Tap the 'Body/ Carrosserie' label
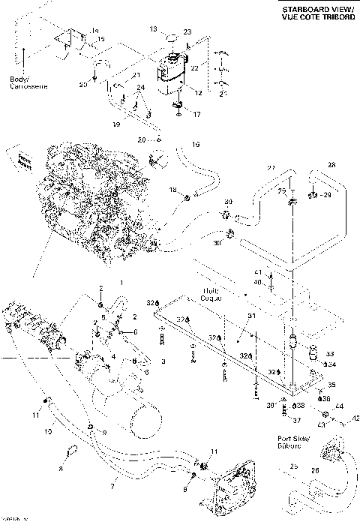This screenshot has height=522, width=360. click(x=28, y=82)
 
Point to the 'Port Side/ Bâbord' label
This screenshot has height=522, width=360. click(x=286, y=438)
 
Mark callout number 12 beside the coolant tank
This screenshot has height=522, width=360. click(x=199, y=91)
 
